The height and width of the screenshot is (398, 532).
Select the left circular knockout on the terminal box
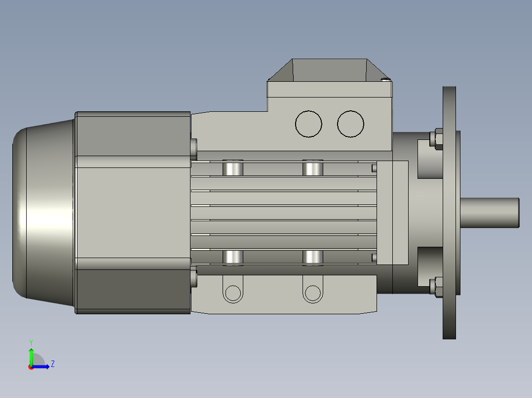tap(308, 124)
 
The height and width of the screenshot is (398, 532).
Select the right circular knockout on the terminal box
tap(350, 124)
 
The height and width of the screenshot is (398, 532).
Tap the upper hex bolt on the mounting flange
tap(437, 138)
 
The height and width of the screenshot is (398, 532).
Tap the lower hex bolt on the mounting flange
tap(437, 287)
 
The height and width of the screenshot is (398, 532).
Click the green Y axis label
tap(31, 342)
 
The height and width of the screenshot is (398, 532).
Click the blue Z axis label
tap(52, 364)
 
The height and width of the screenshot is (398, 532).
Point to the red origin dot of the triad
tap(31, 367)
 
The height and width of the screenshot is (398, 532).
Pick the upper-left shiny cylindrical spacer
tap(233, 168)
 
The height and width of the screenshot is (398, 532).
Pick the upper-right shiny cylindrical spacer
tap(312, 168)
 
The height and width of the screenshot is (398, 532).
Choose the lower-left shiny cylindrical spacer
tap(233, 257)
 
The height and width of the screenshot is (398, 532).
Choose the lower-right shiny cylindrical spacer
tap(312, 257)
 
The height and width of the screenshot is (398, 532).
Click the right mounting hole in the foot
tap(312, 294)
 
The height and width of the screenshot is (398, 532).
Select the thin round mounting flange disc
tap(449, 213)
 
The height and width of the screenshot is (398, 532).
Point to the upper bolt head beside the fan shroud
tap(193, 146)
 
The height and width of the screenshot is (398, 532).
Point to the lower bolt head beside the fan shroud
tap(193, 278)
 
